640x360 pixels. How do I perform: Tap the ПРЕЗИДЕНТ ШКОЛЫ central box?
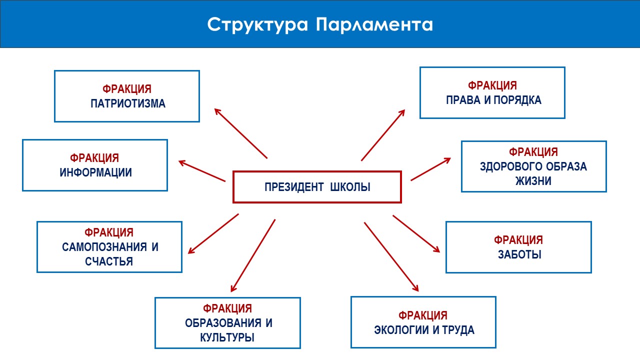click(317, 187)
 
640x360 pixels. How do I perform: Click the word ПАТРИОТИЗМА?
click(128, 104)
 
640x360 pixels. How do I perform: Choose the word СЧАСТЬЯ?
click(108, 261)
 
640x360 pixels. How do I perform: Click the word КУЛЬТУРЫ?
click(227, 336)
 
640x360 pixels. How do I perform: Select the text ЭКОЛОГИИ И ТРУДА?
click(424, 330)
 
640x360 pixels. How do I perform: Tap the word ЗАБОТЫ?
click(519, 254)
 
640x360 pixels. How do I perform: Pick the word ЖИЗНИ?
click(533, 181)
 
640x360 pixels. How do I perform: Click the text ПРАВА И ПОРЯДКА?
click(493, 99)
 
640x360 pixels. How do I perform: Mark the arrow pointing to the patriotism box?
click(240, 133)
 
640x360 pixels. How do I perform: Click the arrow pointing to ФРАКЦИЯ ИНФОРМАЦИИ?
click(202, 170)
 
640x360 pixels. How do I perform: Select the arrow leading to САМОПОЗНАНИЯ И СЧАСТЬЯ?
click(213, 233)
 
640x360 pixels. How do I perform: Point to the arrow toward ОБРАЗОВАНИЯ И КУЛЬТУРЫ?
click(253, 255)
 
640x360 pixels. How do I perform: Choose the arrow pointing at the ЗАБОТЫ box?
click(416, 234)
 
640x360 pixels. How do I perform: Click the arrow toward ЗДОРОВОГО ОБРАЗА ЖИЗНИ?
click(430, 169)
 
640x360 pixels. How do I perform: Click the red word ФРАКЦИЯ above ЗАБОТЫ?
click(518, 240)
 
